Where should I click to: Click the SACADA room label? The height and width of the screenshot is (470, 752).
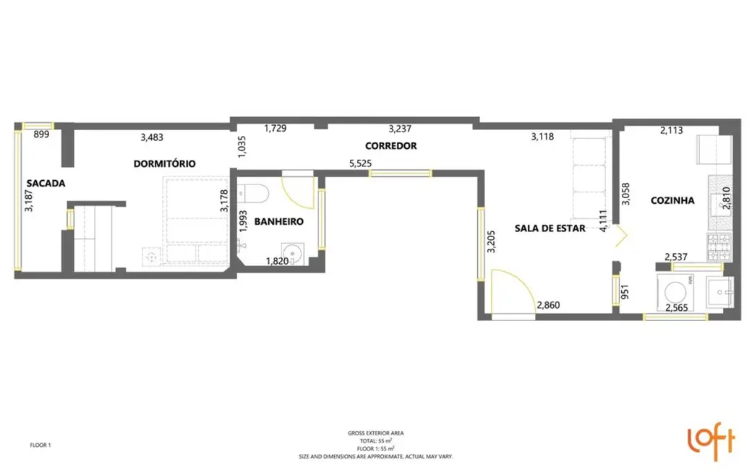46,183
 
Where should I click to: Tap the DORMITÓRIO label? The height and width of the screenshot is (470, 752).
165,163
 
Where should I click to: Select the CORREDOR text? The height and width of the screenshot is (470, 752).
391,146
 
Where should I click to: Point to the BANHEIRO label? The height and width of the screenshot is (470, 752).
278,221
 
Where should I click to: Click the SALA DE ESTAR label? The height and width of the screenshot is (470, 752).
550,228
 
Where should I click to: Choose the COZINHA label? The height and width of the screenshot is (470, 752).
672,200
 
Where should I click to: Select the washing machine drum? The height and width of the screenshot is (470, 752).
675,292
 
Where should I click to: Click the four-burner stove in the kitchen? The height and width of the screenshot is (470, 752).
719,247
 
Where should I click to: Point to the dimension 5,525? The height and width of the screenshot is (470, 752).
360,163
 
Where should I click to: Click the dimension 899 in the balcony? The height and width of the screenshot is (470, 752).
41,134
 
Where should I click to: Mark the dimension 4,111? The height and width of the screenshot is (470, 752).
603,221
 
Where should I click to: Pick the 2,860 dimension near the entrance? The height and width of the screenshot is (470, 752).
548,305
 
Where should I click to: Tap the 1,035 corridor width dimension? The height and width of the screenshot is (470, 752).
242,146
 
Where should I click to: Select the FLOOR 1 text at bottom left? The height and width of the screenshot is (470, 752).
40,445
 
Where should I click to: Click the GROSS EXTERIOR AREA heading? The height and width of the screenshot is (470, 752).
376,433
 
